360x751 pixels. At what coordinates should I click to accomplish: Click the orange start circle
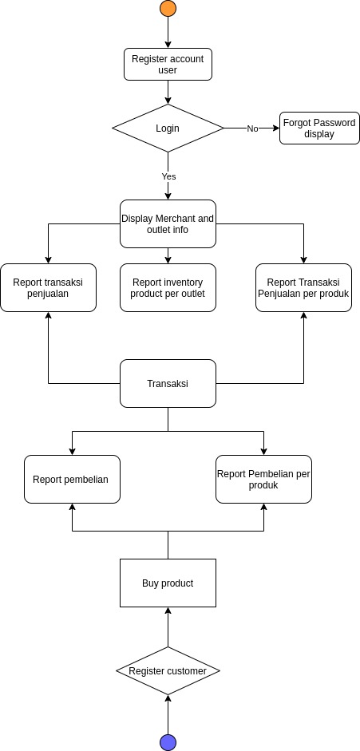(168, 9)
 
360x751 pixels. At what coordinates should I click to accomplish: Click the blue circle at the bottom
(168, 742)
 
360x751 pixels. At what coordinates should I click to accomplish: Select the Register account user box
(168, 64)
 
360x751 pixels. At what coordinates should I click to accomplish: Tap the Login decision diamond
(168, 128)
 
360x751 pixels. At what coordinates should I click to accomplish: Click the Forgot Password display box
(319, 128)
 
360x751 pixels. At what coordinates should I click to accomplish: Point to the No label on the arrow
(252, 128)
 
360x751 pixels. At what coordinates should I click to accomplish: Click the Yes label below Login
(168, 176)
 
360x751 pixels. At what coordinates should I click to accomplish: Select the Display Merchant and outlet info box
(168, 223)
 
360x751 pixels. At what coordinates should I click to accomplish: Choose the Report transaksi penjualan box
(48, 287)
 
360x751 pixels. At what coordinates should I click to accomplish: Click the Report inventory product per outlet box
(168, 287)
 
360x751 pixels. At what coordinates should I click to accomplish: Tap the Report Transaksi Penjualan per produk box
(303, 287)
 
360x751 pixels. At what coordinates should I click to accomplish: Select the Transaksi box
(168, 383)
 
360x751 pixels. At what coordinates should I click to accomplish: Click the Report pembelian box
(72, 479)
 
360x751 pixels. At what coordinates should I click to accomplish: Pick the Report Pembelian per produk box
(263, 479)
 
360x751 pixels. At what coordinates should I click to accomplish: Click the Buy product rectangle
(168, 583)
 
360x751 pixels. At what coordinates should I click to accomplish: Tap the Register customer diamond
(168, 670)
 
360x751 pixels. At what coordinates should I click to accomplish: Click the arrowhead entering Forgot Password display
(275, 128)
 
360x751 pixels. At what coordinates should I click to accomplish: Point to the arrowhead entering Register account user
(168, 44)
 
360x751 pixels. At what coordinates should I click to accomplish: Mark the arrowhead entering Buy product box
(168, 611)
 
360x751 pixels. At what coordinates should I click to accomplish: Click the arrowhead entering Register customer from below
(168, 698)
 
